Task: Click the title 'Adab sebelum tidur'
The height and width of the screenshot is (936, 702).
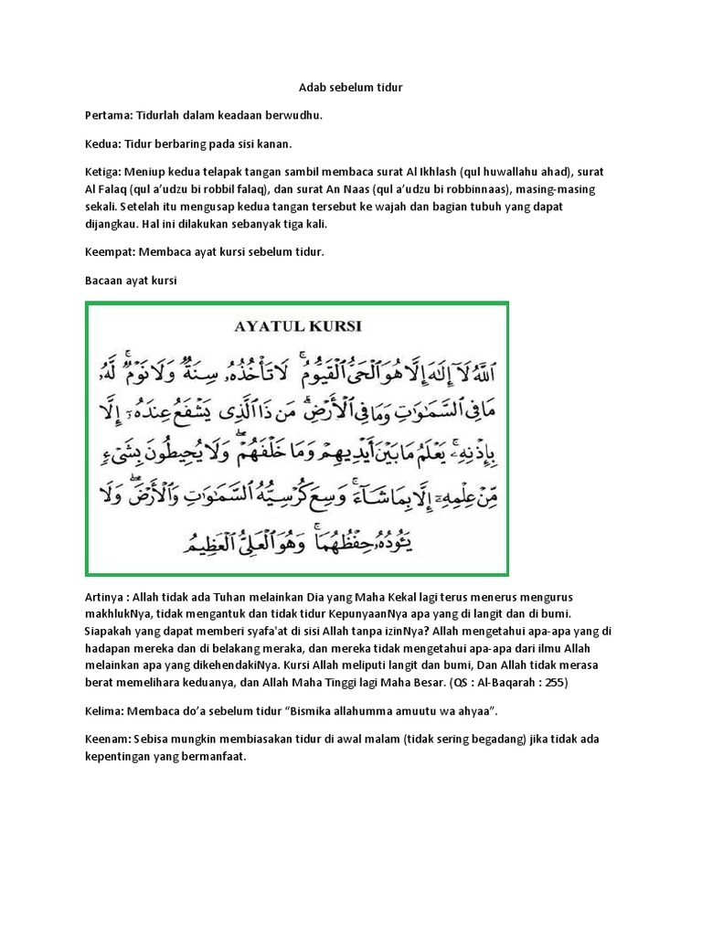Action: pos(351,88)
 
